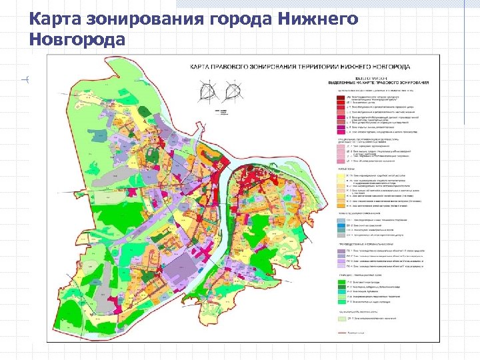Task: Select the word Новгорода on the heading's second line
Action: pos(77,41)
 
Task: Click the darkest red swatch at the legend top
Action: pos(339,96)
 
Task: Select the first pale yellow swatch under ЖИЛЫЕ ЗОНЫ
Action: pos(339,175)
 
